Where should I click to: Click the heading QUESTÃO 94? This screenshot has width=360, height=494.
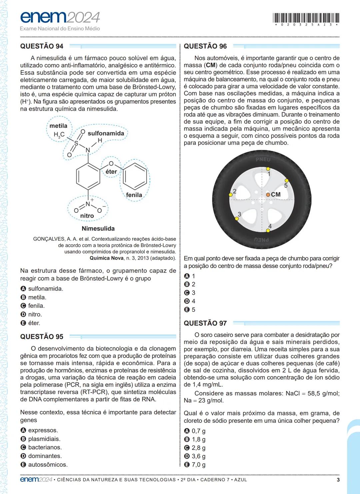click(x=42, y=46)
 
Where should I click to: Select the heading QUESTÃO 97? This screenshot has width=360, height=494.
click(x=205, y=323)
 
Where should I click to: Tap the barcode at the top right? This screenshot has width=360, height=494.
click(x=306, y=18)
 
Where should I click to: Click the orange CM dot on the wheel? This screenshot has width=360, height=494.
click(x=268, y=195)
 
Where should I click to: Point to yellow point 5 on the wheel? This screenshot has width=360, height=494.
click(x=287, y=181)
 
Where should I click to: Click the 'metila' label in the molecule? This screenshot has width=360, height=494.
click(x=58, y=126)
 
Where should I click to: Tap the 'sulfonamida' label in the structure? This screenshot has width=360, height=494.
click(x=106, y=133)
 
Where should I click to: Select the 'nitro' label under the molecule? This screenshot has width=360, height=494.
click(x=87, y=216)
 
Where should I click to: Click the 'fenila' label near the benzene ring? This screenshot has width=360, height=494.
click(x=134, y=195)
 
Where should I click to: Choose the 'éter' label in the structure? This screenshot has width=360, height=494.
click(x=111, y=172)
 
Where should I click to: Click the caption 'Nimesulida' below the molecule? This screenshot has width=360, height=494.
click(x=98, y=229)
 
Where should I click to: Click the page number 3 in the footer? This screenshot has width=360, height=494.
click(x=338, y=480)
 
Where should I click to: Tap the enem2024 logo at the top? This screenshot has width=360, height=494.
click(x=60, y=18)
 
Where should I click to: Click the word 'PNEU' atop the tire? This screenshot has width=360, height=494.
click(x=263, y=160)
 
